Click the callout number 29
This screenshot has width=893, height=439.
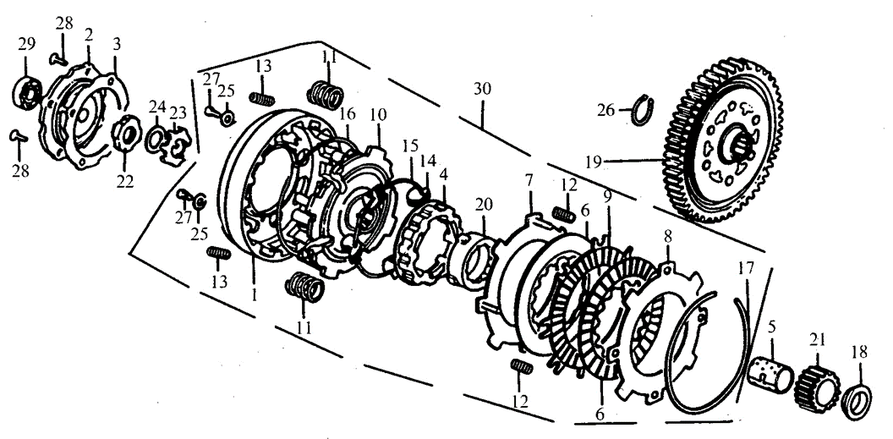pos(26,45)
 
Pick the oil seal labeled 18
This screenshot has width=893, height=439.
pos(856,402)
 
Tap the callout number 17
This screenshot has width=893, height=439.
pos(746,268)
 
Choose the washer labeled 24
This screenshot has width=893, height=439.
pos(155,140)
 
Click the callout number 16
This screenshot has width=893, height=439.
pos(347,113)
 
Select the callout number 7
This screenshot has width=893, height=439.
pos(529,181)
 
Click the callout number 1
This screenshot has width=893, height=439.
pos(254,294)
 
